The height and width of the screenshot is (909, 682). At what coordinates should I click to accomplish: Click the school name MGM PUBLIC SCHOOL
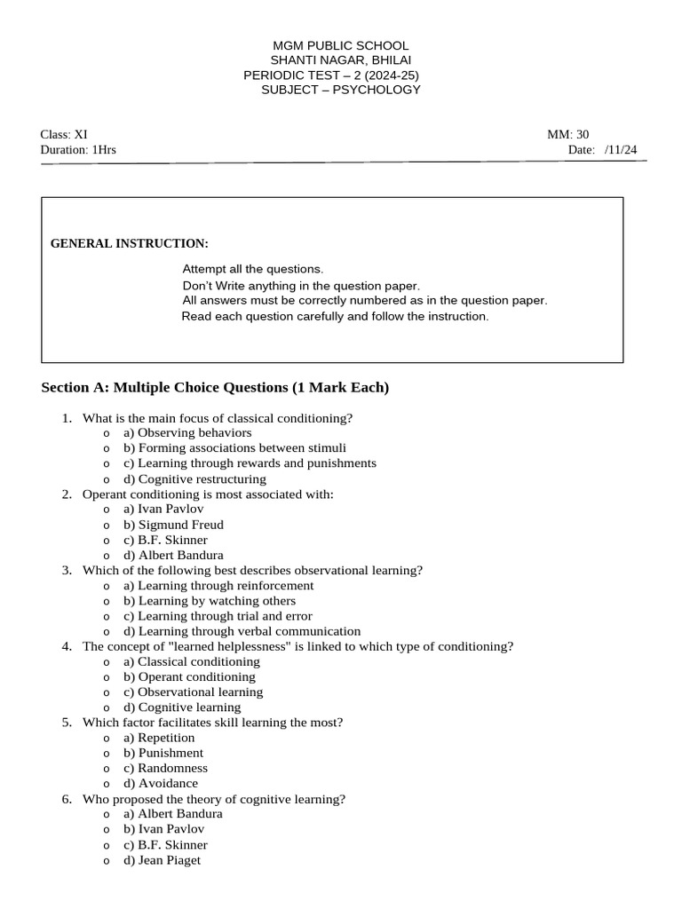pos(340,45)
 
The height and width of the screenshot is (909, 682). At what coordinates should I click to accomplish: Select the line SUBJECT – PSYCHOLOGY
pos(340,91)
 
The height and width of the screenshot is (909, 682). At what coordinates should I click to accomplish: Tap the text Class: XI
pos(64,135)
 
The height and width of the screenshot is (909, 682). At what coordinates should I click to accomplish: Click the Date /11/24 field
pos(602,150)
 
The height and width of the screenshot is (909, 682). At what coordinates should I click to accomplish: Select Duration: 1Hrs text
pos(78,150)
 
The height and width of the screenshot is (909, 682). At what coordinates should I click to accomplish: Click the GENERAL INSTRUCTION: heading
pos(130,243)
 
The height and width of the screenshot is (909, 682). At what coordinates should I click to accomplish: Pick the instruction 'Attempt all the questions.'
pos(253,269)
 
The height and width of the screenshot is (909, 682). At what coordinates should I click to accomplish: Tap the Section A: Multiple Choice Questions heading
pos(215,388)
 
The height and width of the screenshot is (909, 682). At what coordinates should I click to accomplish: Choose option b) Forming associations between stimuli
pos(234,448)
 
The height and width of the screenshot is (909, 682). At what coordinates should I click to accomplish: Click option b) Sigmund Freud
pos(173,525)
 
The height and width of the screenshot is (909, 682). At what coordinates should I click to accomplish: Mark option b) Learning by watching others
pos(210,601)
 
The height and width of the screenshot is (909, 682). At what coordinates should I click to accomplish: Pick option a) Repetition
pos(159,738)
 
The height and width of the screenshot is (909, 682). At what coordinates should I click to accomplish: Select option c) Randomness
pos(165,768)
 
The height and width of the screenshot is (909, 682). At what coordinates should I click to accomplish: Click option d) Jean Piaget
pos(162,860)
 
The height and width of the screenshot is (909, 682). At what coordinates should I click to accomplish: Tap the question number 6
pos(67,799)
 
